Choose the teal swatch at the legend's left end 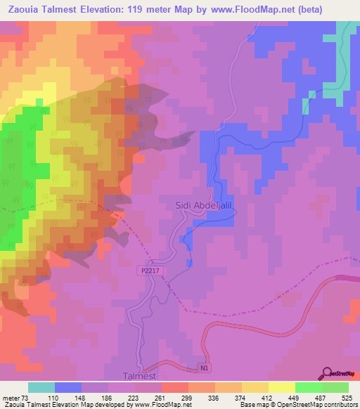41,387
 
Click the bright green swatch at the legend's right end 335,387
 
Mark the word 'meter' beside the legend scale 10,398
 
